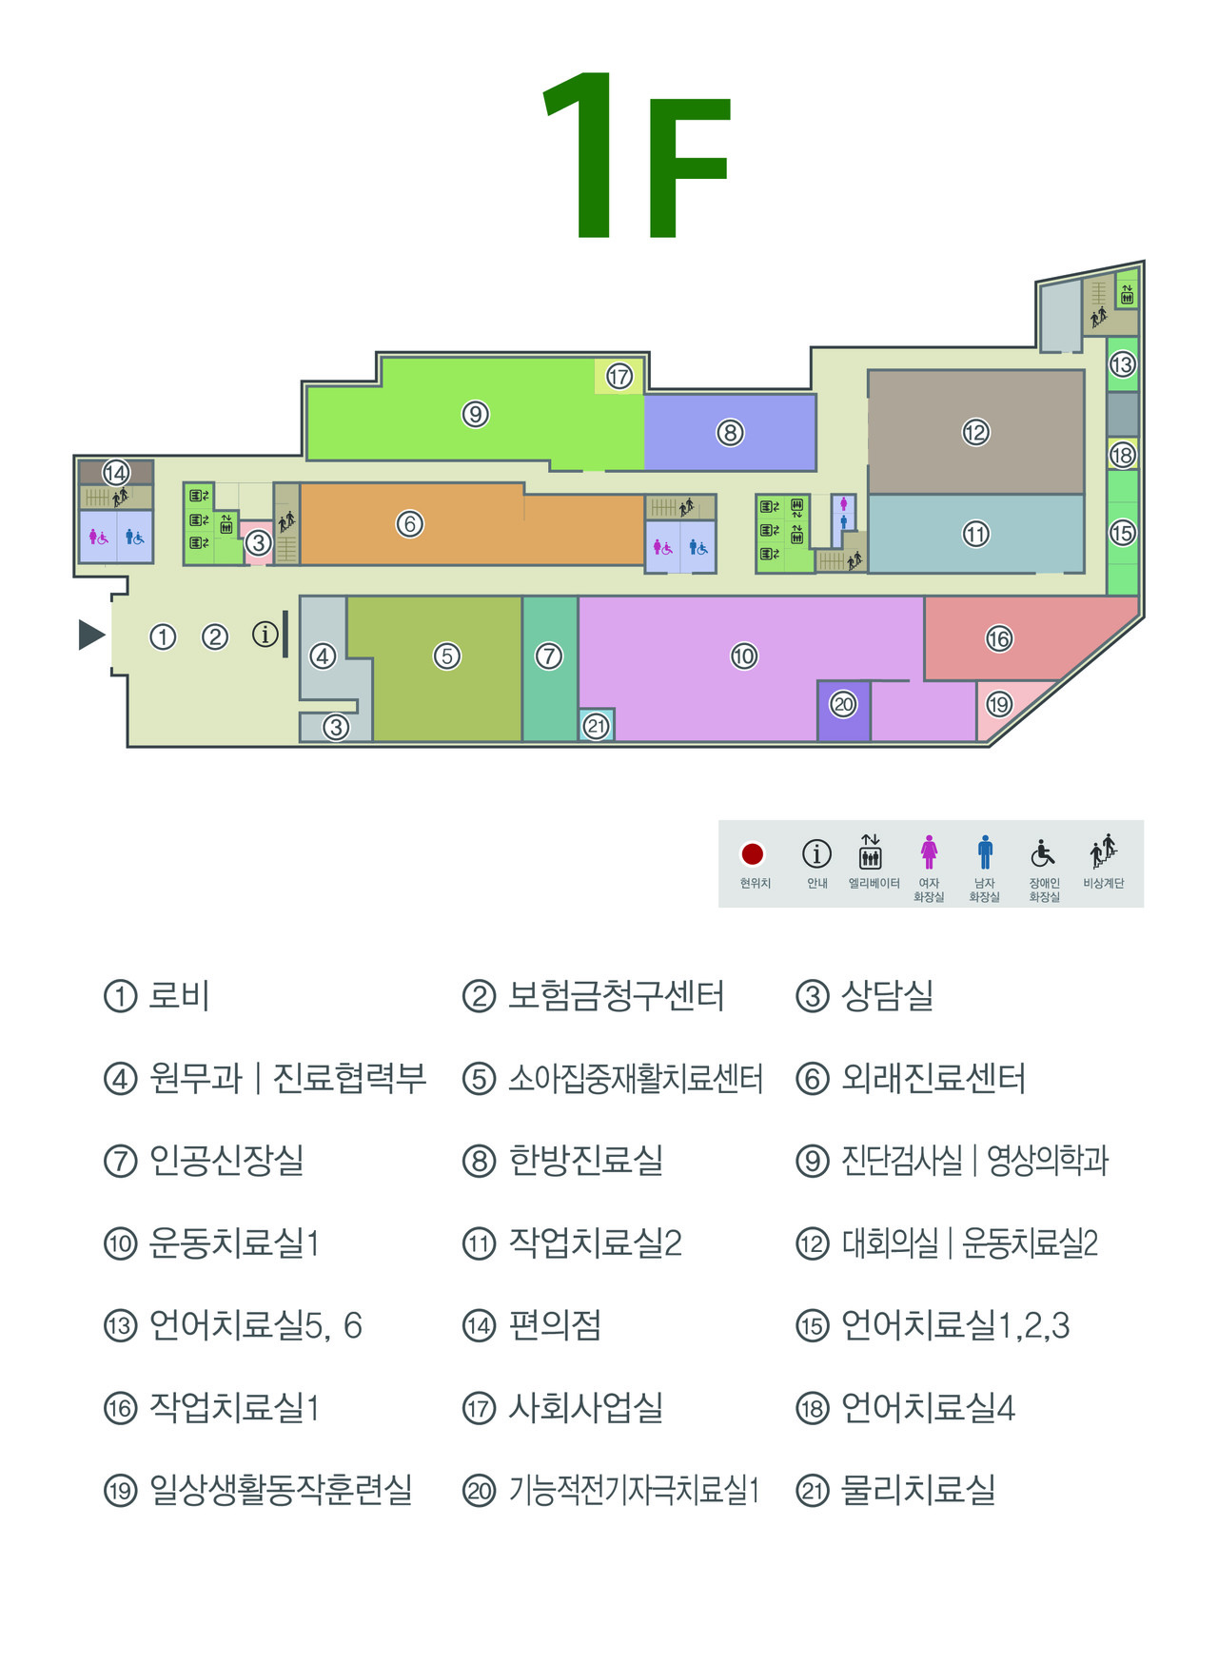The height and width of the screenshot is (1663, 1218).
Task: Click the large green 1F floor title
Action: tap(636, 157)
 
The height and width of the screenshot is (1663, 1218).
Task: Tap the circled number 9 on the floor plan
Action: tap(475, 415)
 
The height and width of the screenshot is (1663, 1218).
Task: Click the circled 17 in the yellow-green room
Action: tap(619, 377)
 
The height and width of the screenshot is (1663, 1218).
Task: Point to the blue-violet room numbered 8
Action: tap(730, 433)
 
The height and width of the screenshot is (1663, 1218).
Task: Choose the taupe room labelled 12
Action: tap(975, 433)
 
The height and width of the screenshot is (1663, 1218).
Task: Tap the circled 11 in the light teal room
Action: tap(975, 535)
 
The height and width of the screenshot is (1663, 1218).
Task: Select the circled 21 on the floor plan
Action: tap(597, 727)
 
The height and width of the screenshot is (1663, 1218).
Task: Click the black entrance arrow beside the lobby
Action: tap(91, 635)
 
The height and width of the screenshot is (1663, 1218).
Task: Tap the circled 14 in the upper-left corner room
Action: tap(116, 473)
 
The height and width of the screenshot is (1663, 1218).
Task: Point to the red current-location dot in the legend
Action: tap(753, 854)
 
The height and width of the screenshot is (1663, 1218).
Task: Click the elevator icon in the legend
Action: tap(871, 852)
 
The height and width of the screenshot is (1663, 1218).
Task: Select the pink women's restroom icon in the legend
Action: tap(929, 852)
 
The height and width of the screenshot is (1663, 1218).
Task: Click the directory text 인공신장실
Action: tap(226, 1161)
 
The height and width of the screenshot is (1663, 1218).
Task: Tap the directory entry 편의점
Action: tap(555, 1325)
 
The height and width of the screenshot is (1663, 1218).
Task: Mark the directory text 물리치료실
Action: tap(918, 1490)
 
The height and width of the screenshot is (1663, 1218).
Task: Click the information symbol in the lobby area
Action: tap(265, 635)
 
